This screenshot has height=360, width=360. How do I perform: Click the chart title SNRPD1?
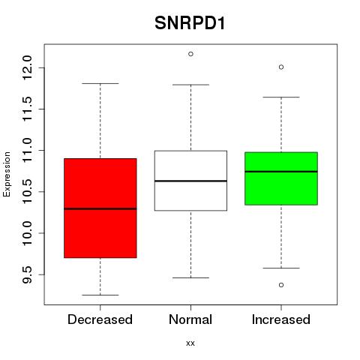[x=190, y=23]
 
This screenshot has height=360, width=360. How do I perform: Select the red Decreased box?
[x=100, y=208]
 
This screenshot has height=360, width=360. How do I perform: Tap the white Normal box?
[x=190, y=181]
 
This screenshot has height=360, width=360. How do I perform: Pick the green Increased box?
[x=281, y=178]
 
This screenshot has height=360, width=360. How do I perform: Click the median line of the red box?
[x=100, y=208]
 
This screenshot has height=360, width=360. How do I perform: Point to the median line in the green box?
[x=281, y=172]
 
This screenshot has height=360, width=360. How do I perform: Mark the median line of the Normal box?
[x=190, y=181]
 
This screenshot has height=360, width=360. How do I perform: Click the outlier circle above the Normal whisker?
[x=190, y=54]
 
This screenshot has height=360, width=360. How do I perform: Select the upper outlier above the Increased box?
[x=281, y=67]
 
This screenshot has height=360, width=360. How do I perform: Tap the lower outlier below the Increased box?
[x=281, y=285]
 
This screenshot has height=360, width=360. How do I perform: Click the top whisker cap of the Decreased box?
[x=100, y=83]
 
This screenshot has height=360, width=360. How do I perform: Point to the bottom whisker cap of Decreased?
[x=100, y=295]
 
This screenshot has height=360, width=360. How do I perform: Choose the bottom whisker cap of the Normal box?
[x=190, y=277]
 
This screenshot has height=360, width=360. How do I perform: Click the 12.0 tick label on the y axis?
[x=28, y=67]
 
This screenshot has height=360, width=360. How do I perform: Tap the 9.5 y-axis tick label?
[x=28, y=274]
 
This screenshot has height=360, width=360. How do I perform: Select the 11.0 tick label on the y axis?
[x=28, y=150]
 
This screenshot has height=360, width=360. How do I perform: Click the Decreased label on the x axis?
[x=100, y=319]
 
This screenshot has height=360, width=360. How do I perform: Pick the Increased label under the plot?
[x=281, y=319]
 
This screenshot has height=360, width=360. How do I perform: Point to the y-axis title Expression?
[x=7, y=175]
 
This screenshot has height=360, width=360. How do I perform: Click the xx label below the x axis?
[x=190, y=343]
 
